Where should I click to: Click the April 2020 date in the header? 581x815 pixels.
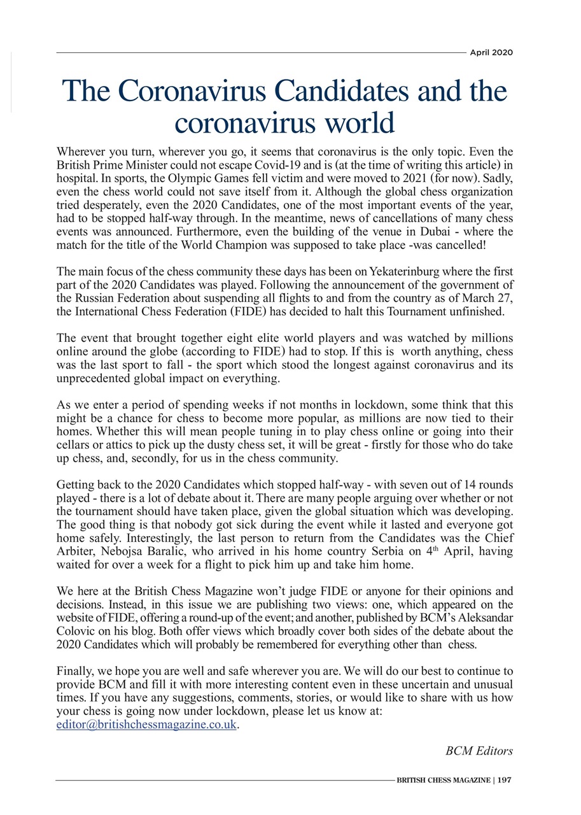[491, 53]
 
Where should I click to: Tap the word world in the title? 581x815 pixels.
[358, 122]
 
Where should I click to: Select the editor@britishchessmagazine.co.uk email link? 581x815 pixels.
[146, 725]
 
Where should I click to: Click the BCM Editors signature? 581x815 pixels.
[479, 751]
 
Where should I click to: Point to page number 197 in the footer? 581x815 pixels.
[505, 780]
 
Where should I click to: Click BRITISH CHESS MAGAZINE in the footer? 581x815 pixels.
[443, 780]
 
